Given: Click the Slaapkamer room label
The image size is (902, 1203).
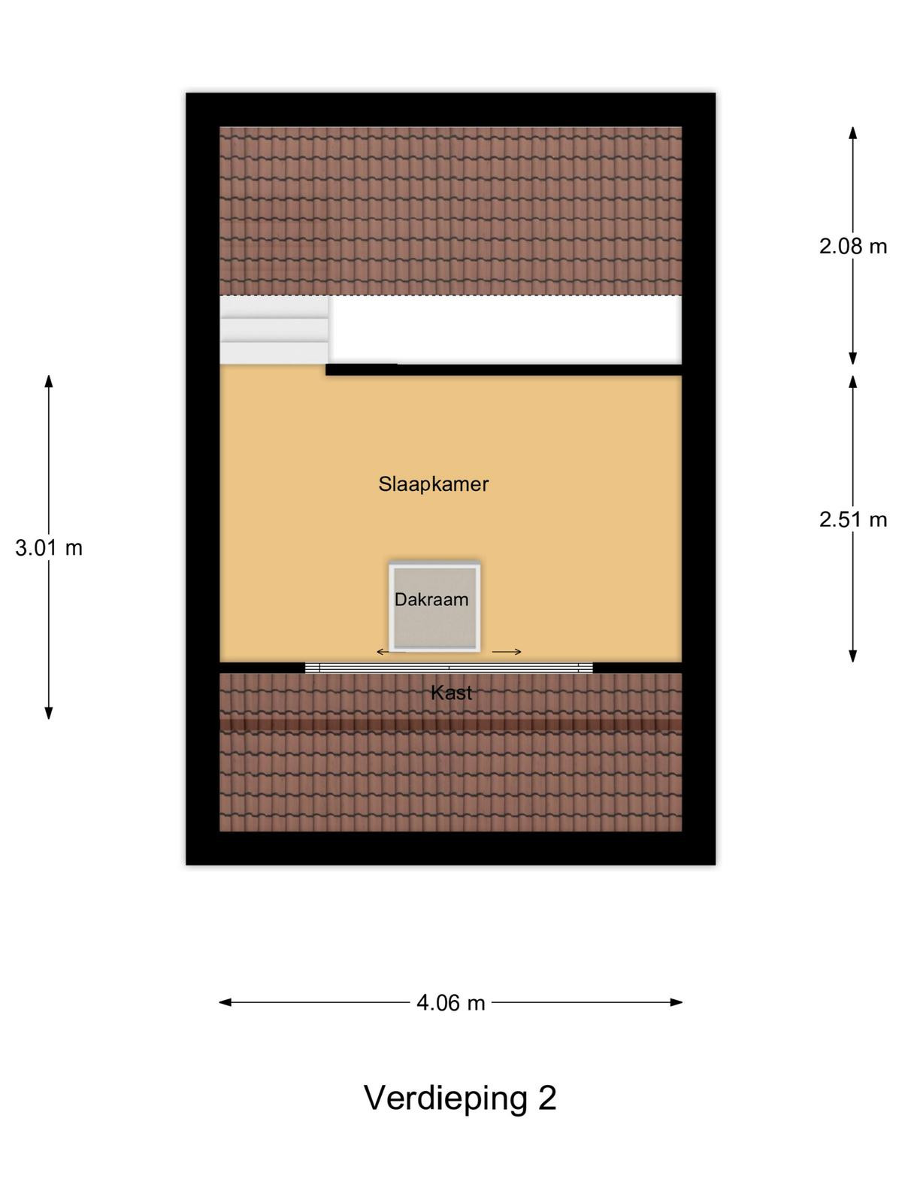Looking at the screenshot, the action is point(433,484).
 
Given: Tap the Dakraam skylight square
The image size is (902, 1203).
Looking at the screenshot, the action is point(435,607).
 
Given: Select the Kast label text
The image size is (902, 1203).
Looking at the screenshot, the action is point(451,692).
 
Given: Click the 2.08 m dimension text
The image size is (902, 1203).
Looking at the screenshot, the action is point(852,247).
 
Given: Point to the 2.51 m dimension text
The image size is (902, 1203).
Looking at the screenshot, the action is point(852,520).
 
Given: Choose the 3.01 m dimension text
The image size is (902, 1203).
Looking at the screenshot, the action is point(49,548).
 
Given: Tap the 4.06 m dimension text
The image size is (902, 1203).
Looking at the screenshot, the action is point(451,1003).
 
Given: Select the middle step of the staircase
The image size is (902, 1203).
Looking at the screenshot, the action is point(274,330).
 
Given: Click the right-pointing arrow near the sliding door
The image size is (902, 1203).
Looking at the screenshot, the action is point(507,652).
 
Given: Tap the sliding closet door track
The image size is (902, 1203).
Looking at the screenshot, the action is point(449,668).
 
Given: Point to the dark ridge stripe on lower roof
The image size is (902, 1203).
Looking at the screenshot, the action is point(451,725).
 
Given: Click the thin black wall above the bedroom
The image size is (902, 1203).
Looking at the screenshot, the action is point(504,369).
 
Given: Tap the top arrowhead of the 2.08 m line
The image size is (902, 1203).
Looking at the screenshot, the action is point(852,132).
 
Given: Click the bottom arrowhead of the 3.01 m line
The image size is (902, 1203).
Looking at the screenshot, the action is point(49,713).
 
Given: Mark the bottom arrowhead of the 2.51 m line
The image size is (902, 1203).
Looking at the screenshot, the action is point(852,656).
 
